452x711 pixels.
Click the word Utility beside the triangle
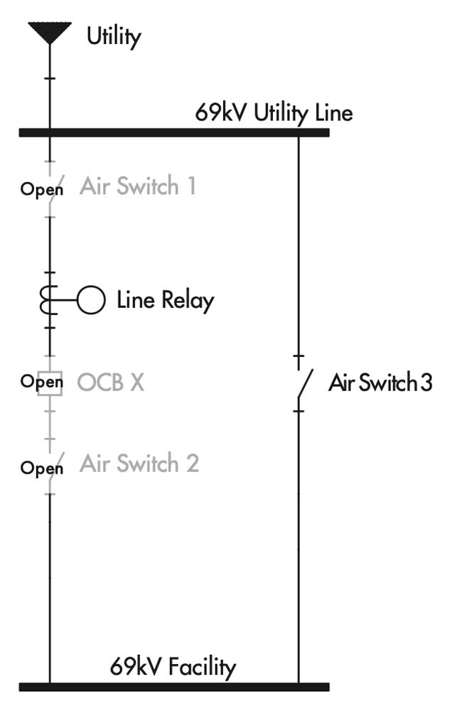point(114,36)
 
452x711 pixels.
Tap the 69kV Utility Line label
point(274,113)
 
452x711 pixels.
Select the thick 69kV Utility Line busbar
point(174,132)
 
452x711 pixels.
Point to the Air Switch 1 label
point(138,186)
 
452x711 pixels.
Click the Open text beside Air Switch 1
point(41,190)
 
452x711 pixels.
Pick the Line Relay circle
point(91,300)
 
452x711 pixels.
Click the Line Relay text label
point(165,300)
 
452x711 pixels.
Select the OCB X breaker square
point(50,383)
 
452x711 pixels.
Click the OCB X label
point(111,383)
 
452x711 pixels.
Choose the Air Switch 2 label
point(139,464)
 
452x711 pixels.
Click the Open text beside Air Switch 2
point(41,469)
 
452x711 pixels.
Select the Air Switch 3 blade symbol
point(303,383)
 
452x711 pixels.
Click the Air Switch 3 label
point(380,383)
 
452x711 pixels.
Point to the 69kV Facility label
point(173,667)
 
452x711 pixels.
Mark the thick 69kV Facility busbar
point(174,687)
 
